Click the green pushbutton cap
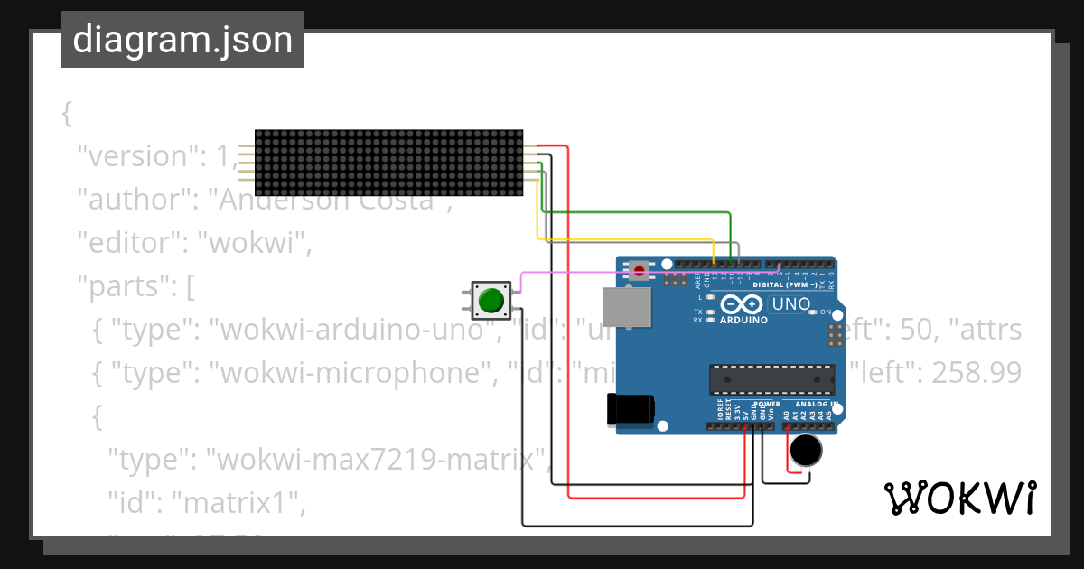[491, 300]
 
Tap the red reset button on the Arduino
[640, 270]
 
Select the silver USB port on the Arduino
[627, 307]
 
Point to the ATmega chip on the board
[771, 380]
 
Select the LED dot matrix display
[388, 163]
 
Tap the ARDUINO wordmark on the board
[743, 320]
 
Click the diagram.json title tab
[182, 40]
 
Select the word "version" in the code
[137, 156]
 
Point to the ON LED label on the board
[825, 312]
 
